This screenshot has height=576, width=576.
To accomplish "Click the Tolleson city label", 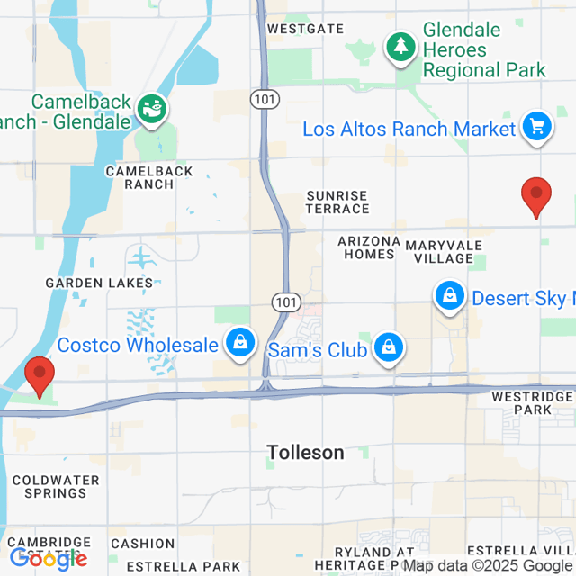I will (x=305, y=453).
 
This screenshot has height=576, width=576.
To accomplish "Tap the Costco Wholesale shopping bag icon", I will (x=240, y=344).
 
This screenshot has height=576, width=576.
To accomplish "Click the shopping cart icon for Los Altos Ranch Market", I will (x=537, y=127).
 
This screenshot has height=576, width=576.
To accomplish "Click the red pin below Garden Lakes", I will (x=40, y=374).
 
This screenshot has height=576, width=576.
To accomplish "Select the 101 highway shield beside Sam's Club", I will (x=284, y=302).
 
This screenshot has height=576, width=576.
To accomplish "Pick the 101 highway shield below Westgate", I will (x=264, y=102).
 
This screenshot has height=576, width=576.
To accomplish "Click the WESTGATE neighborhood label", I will (x=305, y=29).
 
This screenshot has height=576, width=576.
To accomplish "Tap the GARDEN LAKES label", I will (x=100, y=283).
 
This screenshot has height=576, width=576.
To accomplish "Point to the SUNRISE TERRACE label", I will (x=337, y=202).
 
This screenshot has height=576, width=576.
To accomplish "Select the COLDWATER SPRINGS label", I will (x=49, y=486).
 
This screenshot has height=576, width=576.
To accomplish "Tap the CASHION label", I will (x=142, y=544).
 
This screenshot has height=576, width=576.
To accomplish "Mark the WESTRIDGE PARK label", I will (x=533, y=402).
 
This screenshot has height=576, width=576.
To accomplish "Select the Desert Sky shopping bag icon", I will (x=448, y=295).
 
